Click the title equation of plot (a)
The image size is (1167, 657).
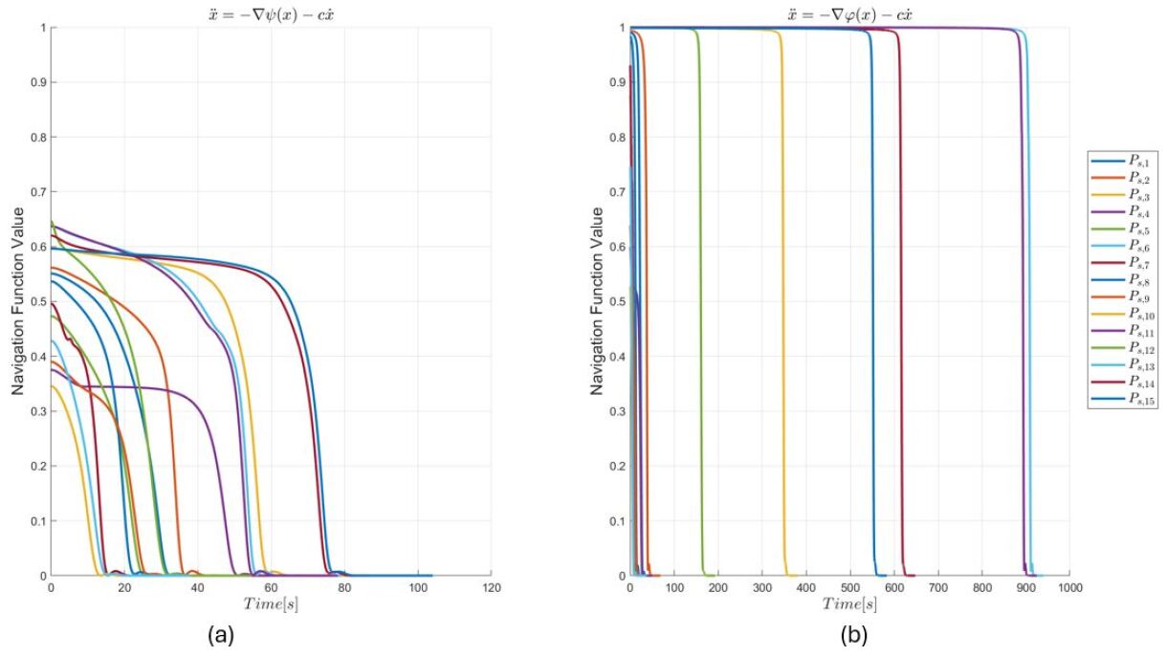(271, 11)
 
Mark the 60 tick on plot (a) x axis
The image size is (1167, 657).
(271, 588)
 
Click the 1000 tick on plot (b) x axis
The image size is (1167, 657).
(1069, 588)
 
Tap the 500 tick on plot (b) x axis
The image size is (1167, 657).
(849, 588)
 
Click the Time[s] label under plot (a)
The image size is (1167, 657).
(271, 605)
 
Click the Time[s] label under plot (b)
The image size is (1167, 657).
(849, 605)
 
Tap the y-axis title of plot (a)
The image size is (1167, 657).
(16, 301)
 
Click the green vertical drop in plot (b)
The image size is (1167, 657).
(701, 287)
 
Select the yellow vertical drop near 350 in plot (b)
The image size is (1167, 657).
(783, 287)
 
